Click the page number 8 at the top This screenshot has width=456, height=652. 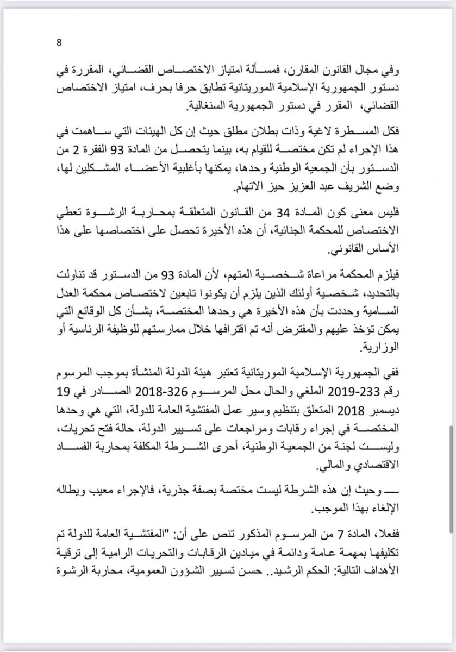point(59,42)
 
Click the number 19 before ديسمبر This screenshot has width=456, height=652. point(66,391)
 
